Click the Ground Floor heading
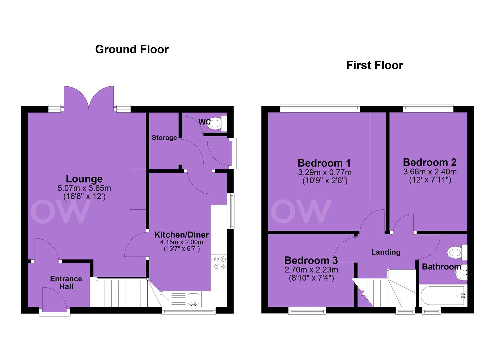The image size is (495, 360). coord(132,50)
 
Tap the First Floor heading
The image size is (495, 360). coord(375,65)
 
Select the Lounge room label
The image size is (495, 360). coord(84,179)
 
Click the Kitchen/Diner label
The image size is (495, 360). coord(181,234)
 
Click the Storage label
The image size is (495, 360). coord(164,138)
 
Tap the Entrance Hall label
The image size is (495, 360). coord(66,283)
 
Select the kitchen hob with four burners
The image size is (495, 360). coord(219,263)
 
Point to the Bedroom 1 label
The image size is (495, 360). coord(324,163)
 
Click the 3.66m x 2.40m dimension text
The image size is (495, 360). coord(430,172)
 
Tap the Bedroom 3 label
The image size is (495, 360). coord(311,261)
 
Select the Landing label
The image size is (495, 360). coord(386,252)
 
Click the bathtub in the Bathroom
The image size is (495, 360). coord(443,296)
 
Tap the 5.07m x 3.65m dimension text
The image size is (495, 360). coord(84,188)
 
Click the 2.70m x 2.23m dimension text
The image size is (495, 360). coord(311,270)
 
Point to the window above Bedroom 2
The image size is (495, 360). coord(428,109)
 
